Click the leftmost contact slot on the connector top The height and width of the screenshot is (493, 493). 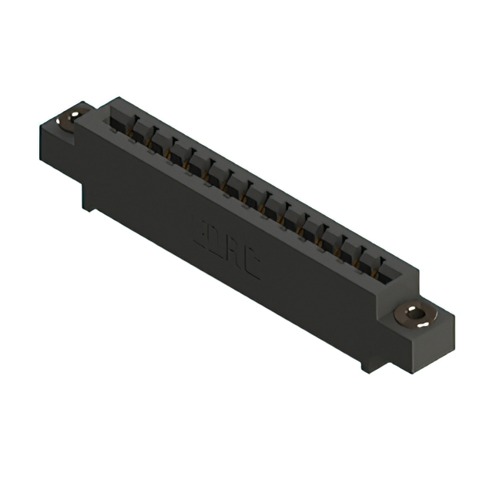click(119, 120)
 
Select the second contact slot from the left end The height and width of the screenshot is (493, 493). click(139, 131)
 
